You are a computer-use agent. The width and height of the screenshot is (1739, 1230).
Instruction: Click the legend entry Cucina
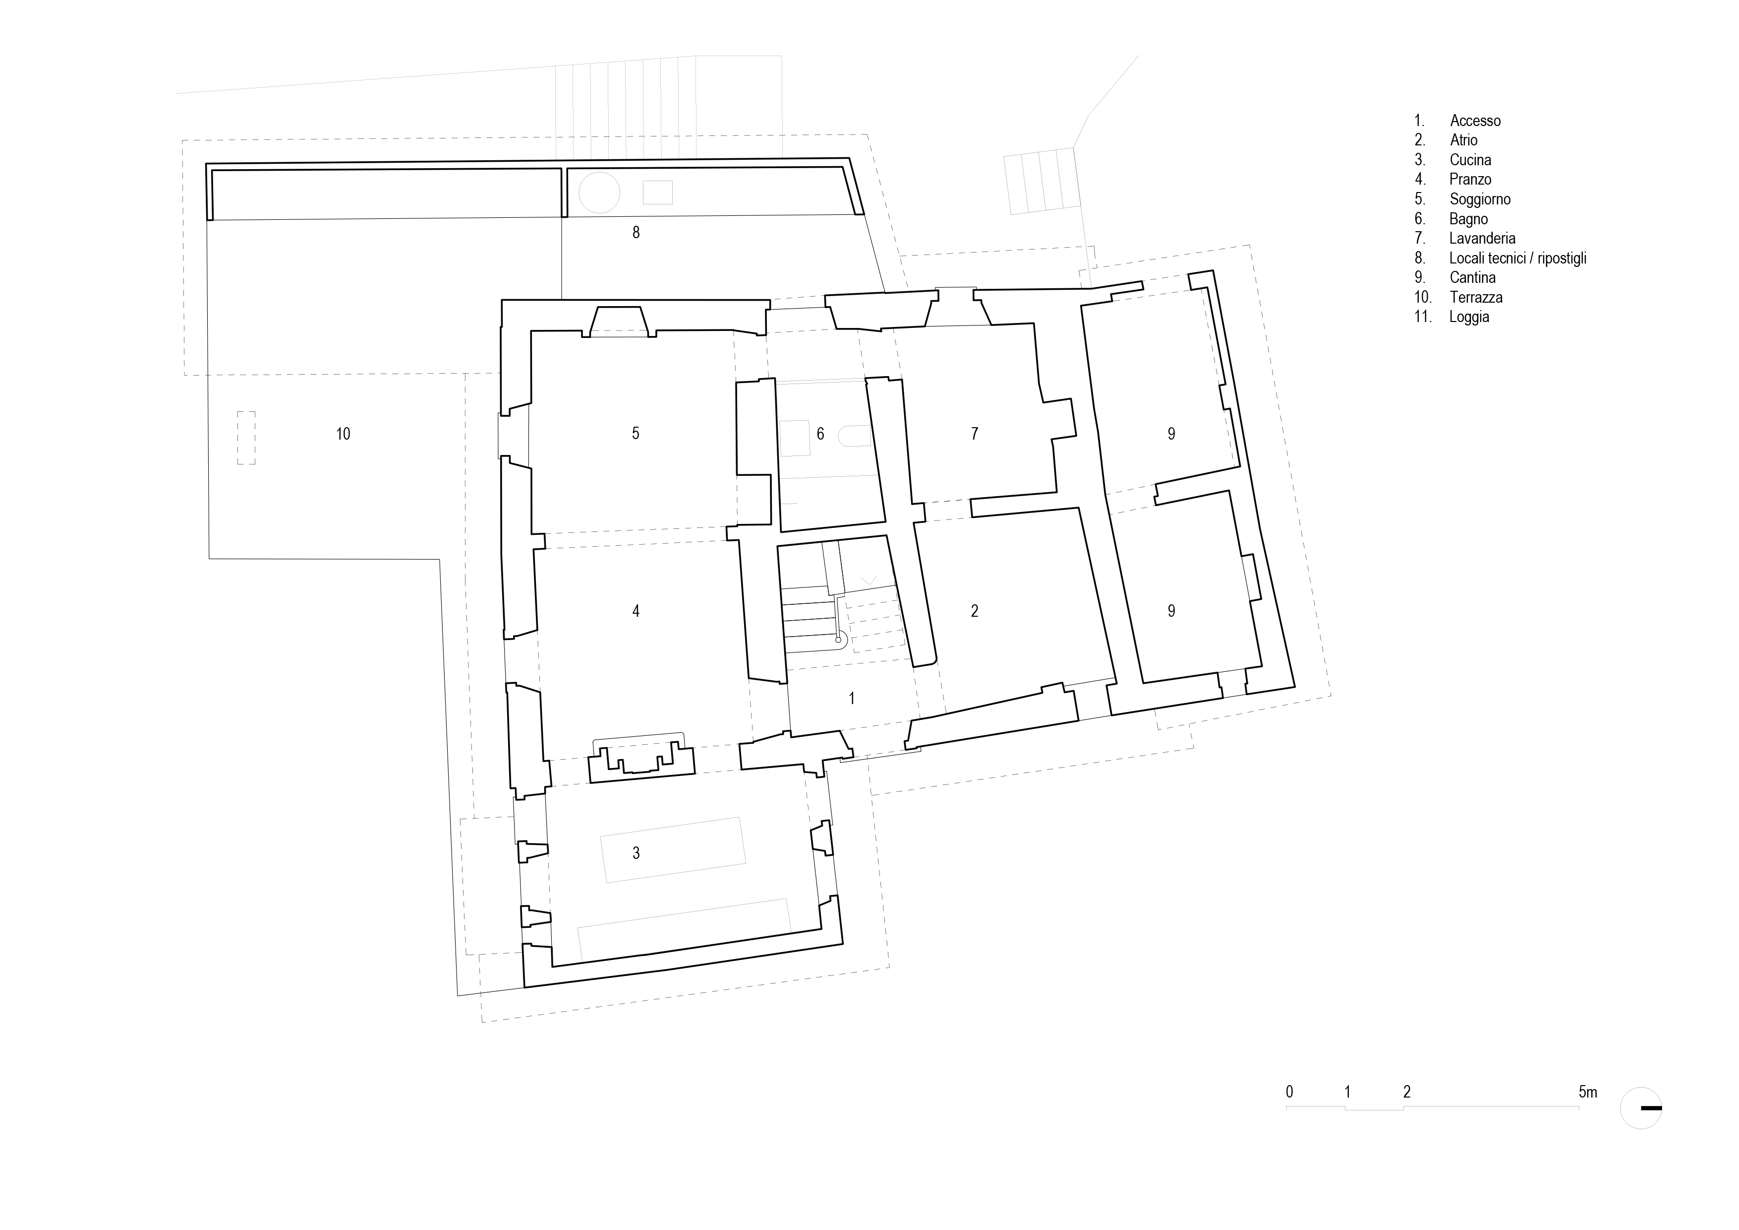click(1470, 160)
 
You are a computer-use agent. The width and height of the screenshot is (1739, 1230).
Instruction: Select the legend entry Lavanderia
click(1482, 239)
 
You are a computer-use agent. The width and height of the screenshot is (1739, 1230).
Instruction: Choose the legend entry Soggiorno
click(1480, 199)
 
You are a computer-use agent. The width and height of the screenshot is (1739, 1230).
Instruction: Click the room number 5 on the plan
click(636, 434)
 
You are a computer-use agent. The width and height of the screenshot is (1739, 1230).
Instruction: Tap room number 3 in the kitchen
click(636, 853)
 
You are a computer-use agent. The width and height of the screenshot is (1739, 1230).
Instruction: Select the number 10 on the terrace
click(343, 434)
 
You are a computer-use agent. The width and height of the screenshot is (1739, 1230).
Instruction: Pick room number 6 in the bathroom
click(820, 434)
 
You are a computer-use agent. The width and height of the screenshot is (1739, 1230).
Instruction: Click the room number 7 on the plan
click(975, 434)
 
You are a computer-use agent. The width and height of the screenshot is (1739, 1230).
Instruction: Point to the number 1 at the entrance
click(852, 698)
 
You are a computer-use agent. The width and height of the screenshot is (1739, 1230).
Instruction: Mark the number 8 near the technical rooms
click(636, 233)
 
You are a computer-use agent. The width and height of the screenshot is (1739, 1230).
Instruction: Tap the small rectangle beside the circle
click(657, 193)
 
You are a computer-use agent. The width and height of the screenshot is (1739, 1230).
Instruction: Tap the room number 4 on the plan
click(636, 611)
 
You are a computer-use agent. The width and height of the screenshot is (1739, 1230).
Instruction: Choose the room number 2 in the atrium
click(975, 611)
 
